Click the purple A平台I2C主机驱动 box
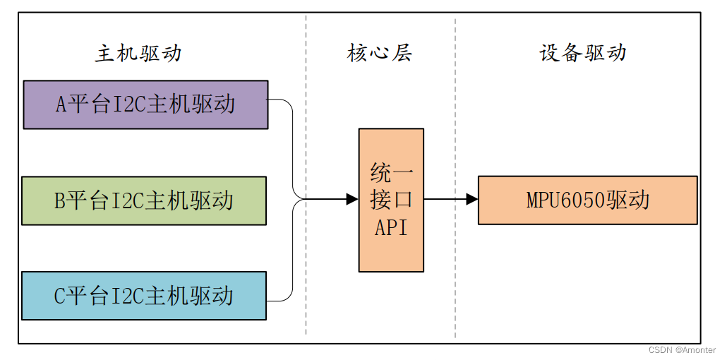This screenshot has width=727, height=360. (x=145, y=104)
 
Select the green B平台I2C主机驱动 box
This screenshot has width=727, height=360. (x=144, y=201)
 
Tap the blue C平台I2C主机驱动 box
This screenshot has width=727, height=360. (x=144, y=296)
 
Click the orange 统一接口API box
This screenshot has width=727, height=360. (x=391, y=200)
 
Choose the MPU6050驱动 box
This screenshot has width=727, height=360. (x=587, y=200)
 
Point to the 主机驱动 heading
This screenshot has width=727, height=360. (x=138, y=54)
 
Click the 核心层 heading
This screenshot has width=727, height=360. (x=379, y=54)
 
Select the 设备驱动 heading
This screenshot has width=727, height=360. (x=582, y=54)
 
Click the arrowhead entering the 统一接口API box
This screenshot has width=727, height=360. (x=352, y=200)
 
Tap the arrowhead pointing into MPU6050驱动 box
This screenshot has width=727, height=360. (x=472, y=200)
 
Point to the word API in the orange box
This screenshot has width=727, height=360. (x=391, y=228)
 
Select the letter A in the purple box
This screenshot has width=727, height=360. (x=61, y=105)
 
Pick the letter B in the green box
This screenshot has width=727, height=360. (x=60, y=201)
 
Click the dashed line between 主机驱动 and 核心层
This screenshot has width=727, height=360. (x=306, y=282)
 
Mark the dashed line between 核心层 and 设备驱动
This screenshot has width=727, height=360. (x=455, y=282)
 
